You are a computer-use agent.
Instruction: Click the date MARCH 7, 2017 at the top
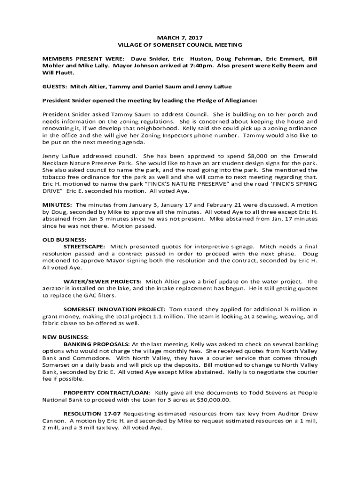(180, 37)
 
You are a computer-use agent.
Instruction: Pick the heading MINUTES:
(58, 205)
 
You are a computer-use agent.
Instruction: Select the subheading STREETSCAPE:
(84, 247)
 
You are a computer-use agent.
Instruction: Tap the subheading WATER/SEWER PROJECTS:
(102, 282)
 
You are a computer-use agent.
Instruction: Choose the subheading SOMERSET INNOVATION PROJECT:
(115, 309)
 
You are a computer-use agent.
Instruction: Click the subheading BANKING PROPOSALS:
(97, 344)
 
